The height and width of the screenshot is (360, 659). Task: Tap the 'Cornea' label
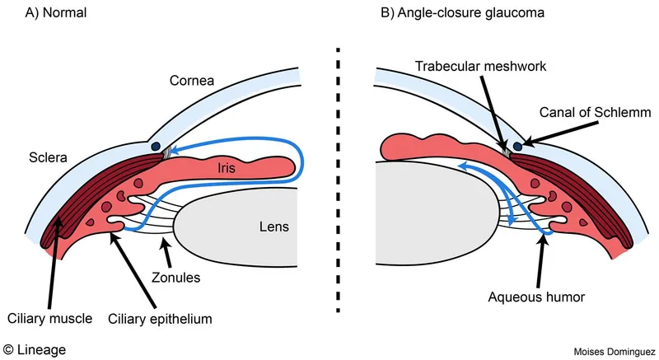click(x=191, y=81)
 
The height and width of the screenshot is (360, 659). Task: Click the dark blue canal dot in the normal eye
click(x=156, y=147)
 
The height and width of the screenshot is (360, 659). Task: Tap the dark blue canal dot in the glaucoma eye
click(x=517, y=147)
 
